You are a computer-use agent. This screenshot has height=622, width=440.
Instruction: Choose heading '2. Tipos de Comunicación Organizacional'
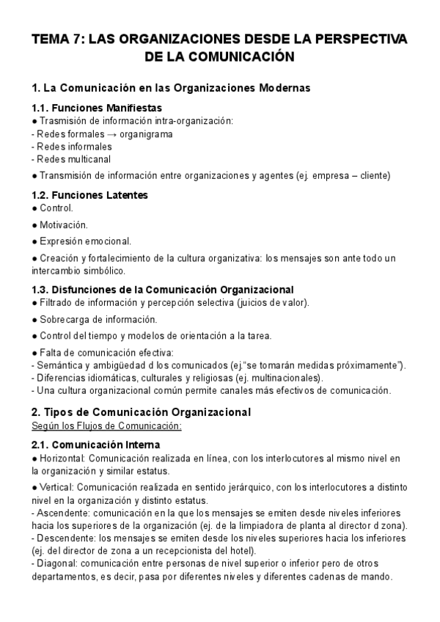142,412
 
